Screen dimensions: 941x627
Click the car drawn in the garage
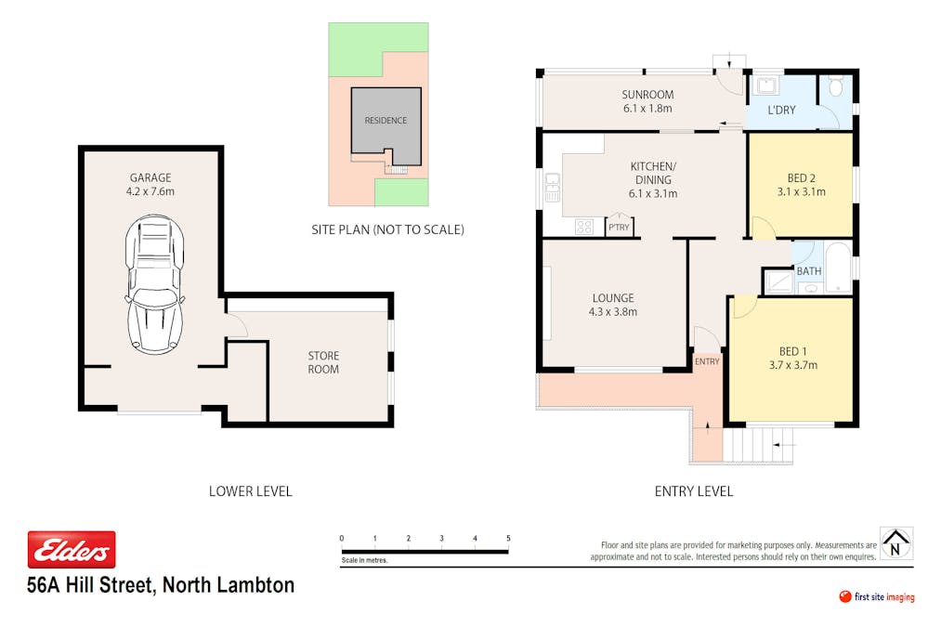coord(154,283)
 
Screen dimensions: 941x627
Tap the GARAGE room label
coord(150,177)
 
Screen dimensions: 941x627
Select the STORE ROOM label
coord(323,362)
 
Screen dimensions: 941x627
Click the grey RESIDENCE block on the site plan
coord(386,126)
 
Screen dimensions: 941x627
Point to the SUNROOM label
coord(647,94)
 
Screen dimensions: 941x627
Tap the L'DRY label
coord(781,110)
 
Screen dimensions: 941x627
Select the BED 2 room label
coord(801,177)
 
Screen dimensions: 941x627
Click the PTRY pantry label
coord(619,228)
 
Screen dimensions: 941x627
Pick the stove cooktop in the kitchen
coord(584,227)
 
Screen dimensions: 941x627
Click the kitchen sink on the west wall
coord(552,187)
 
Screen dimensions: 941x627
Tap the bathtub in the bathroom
coord(838,268)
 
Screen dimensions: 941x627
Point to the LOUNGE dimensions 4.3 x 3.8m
coord(613,312)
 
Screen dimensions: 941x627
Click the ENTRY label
coord(707,361)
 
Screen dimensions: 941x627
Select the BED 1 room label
coord(792,351)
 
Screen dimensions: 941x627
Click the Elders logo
coord(72,550)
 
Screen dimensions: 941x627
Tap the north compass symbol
coord(896,543)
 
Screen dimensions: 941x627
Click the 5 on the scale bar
coord(508,538)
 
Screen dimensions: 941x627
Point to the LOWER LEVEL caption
coord(250,491)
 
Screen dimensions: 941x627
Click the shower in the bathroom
coord(778,281)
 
